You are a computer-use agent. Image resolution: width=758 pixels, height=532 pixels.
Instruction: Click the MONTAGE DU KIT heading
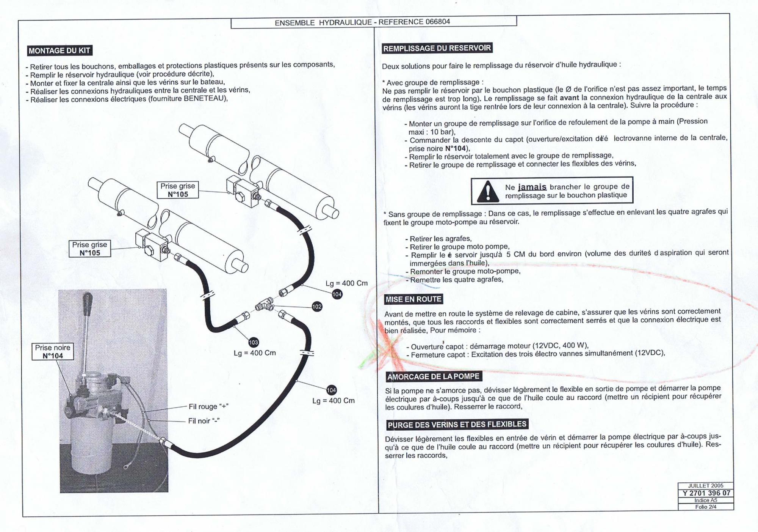pyautogui.click(x=60, y=50)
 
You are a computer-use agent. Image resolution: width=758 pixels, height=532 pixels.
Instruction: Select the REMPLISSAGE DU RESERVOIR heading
pyautogui.click(x=437, y=48)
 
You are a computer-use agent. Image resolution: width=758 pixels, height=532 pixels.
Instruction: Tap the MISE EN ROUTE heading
pyautogui.click(x=413, y=299)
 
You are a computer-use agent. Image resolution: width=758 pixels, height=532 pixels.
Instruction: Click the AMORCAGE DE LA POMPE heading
pyautogui.click(x=434, y=376)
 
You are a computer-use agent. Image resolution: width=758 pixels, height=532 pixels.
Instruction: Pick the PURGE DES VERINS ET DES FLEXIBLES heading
pyautogui.click(x=457, y=424)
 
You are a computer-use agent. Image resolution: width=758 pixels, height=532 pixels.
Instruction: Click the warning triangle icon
pyautogui.click(x=487, y=191)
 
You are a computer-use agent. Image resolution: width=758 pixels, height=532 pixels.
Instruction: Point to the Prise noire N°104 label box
pyautogui.click(x=53, y=351)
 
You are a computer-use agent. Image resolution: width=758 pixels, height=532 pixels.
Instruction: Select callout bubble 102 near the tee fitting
pyautogui.click(x=317, y=307)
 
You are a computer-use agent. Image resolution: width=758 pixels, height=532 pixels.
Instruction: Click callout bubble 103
pyautogui.click(x=253, y=342)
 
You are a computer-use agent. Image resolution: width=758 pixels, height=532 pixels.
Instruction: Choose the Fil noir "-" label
pyautogui.click(x=204, y=421)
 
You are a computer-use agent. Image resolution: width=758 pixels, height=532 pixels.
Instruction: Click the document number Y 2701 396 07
pyautogui.click(x=706, y=493)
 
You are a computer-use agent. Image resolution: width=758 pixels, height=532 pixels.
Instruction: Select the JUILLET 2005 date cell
pyautogui.click(x=706, y=486)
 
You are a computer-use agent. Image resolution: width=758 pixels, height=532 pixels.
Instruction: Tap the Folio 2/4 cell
pyautogui.click(x=706, y=507)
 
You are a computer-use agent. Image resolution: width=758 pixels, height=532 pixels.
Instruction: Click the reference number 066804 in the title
pyautogui.click(x=438, y=22)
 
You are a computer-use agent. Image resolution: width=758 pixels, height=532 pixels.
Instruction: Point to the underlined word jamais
pyautogui.click(x=532, y=187)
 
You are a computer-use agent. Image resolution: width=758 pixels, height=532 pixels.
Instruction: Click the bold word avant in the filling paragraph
pyautogui.click(x=570, y=98)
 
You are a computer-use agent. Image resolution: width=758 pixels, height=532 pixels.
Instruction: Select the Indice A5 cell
pyautogui.click(x=706, y=500)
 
